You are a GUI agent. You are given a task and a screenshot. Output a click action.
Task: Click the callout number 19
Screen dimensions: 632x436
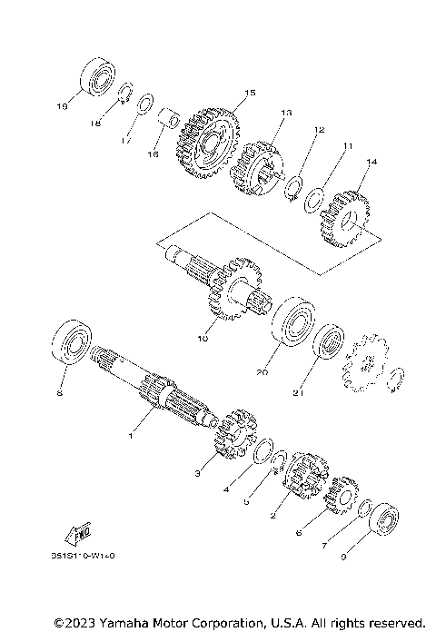tap(62, 106)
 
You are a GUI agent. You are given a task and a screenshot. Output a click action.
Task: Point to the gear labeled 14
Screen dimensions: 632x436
tap(346, 219)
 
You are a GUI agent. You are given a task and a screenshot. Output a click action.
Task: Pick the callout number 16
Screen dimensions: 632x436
tap(153, 155)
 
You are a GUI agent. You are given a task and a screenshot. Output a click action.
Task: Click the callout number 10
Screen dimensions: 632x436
tap(203, 339)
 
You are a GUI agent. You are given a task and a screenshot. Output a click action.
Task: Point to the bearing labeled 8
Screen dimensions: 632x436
tap(73, 346)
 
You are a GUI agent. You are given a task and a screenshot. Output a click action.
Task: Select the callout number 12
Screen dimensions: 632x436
tap(319, 130)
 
